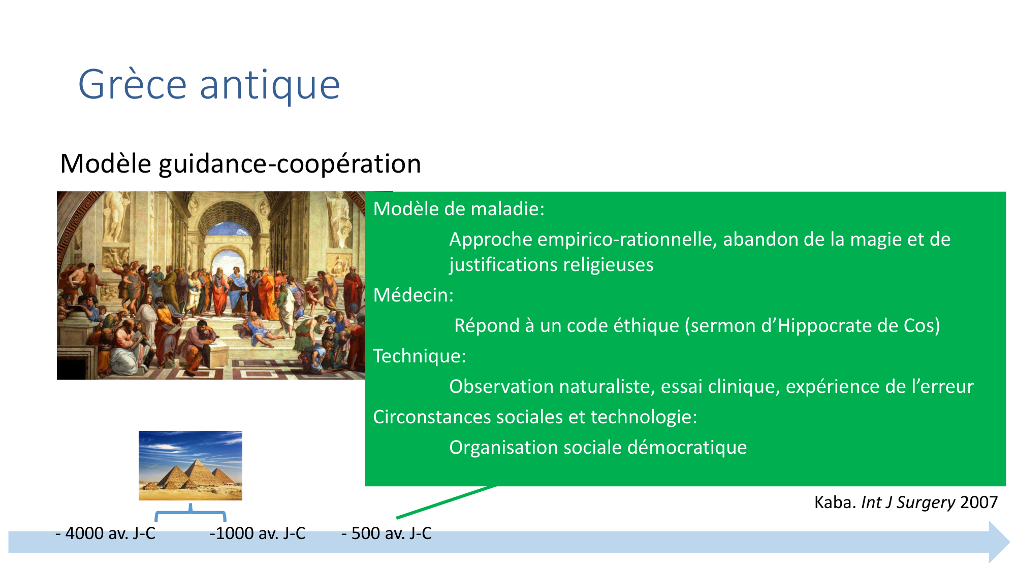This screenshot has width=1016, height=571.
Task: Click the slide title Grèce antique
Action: [x=209, y=85]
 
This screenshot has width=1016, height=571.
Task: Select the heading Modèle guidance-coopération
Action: [x=240, y=163]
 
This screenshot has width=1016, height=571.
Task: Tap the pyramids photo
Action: [x=190, y=465]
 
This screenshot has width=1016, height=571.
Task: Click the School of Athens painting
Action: [x=211, y=285]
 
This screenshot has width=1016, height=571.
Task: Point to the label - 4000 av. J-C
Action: [x=105, y=533]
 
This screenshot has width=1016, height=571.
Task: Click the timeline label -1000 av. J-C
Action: [x=258, y=533]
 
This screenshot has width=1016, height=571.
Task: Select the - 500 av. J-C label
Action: [x=387, y=533]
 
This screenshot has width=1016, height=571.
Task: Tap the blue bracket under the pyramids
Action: [x=190, y=513]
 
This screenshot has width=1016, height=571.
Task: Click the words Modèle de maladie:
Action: [x=459, y=209]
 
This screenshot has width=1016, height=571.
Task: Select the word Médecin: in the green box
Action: [x=414, y=295]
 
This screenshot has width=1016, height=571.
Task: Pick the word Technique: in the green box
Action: [x=420, y=356]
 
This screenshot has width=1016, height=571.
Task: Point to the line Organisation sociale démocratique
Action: [x=598, y=447]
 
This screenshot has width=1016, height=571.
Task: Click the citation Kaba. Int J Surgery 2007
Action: [x=906, y=502]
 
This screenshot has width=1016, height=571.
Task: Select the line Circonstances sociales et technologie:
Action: [x=535, y=417]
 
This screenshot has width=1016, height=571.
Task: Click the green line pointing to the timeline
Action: [x=446, y=502]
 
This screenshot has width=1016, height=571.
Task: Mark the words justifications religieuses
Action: [x=551, y=265]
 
